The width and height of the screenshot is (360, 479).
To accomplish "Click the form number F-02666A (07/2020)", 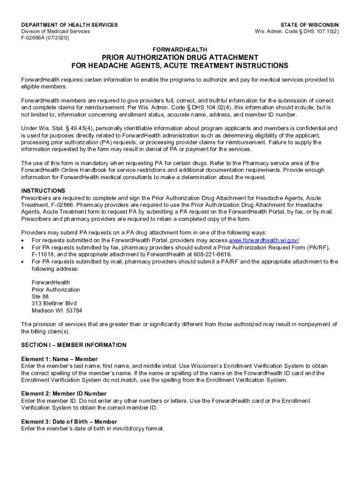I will click(x=45, y=38).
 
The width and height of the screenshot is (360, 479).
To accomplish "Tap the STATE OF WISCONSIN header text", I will click(x=310, y=25).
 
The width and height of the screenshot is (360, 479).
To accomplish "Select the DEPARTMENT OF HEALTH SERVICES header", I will click(x=69, y=25).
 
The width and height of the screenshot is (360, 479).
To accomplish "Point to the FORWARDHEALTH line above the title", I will click(x=180, y=49).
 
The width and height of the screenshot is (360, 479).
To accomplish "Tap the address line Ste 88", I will click(x=40, y=297).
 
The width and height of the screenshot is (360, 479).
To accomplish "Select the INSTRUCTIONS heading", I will click(x=43, y=191).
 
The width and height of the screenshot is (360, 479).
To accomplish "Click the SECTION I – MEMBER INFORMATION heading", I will click(x=73, y=345).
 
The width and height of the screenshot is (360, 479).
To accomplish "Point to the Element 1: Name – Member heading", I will click(x=59, y=359).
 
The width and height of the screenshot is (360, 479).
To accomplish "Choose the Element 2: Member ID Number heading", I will click(x=64, y=394).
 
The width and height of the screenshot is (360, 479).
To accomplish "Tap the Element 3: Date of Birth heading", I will click(x=69, y=421).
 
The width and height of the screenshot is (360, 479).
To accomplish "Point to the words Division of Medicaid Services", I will click(x=56, y=31).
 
